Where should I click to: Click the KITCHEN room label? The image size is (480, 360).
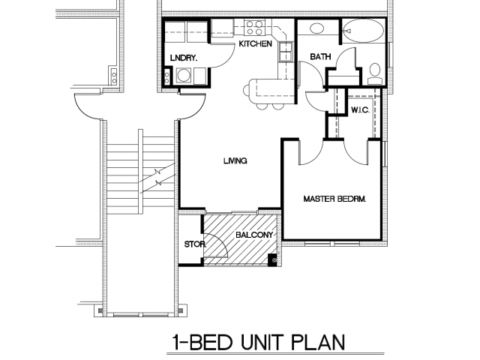coord(255,44)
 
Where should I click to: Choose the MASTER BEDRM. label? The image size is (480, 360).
coord(334,199)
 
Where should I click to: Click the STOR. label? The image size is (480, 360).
coord(191,244)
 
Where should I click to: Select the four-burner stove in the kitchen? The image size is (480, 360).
coord(251,29)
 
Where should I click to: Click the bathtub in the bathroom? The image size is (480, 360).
coord(364,32)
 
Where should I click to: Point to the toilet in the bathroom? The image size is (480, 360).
coord(374,72)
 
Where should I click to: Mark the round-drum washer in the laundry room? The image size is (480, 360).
coord(184,75)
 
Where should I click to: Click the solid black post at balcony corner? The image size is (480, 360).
coord(272,260)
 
